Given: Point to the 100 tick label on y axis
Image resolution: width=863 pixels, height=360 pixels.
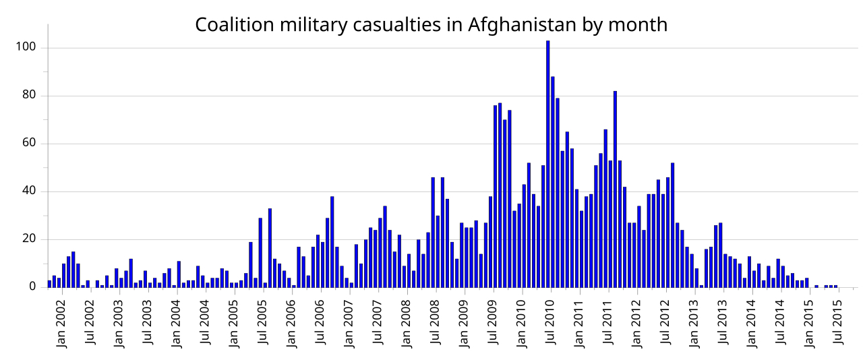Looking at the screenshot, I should coord(27,48).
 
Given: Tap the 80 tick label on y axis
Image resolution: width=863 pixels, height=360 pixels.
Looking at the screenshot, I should coord(30,96).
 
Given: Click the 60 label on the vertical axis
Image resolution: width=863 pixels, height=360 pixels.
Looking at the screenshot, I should coord(30,144).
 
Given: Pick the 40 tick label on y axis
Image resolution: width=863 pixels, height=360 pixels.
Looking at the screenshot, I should coord(30,191).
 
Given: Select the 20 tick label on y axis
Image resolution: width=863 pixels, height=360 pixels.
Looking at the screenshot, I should coord(30,239).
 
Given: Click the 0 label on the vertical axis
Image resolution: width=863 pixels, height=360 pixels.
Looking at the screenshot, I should coord(32,287).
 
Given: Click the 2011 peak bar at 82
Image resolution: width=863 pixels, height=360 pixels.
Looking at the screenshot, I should coord(615,189).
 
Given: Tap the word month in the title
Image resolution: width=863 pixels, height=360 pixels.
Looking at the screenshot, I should coord(637,25).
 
